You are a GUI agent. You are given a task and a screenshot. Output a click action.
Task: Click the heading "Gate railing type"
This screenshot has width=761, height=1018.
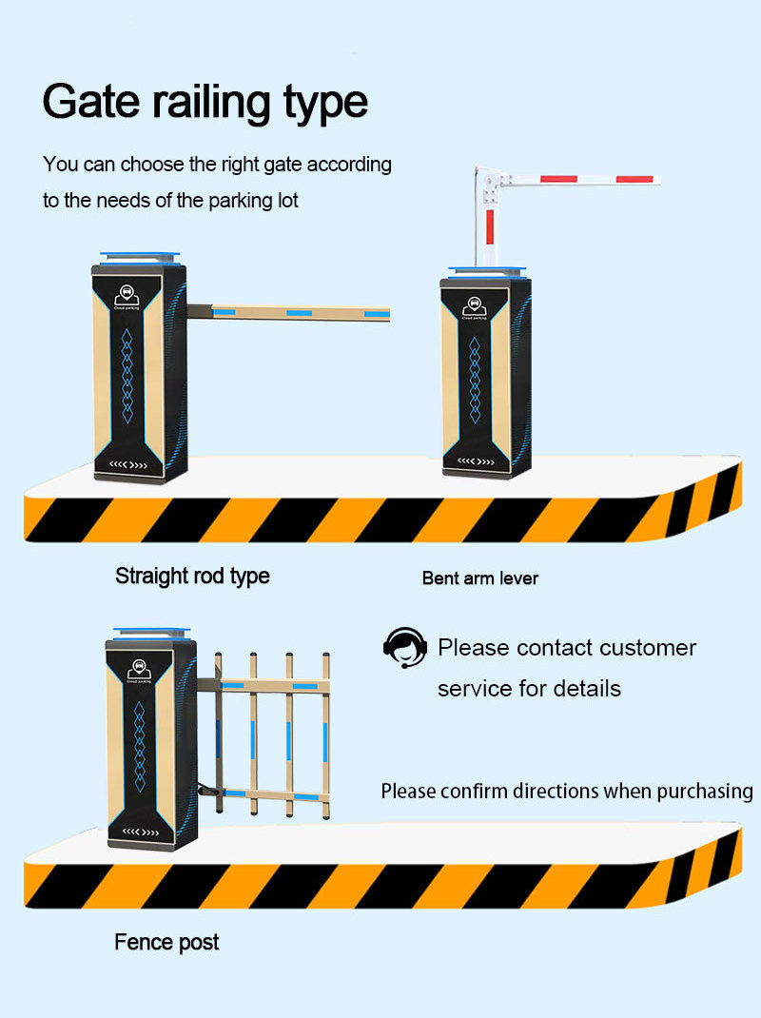pyautogui.click(x=205, y=102)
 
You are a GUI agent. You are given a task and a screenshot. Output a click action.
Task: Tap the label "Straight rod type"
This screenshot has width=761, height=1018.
pyautogui.click(x=192, y=576)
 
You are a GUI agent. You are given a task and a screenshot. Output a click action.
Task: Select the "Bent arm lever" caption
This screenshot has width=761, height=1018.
pyautogui.click(x=479, y=578)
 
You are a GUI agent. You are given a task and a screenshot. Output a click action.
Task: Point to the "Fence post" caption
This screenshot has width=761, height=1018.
pyautogui.click(x=166, y=943)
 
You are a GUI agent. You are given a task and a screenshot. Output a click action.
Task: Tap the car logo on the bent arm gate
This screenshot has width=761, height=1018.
pyautogui.click(x=475, y=305)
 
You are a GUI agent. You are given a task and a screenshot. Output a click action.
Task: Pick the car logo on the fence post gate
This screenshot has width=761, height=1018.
pyautogui.click(x=139, y=667)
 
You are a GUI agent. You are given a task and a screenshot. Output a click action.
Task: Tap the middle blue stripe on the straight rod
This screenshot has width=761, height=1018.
pyautogui.click(x=300, y=312)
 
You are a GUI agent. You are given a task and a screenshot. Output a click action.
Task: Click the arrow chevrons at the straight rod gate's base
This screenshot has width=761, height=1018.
pyautogui.click(x=129, y=466)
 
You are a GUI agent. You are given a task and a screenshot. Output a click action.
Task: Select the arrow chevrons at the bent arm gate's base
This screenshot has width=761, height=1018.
pyautogui.click(x=476, y=462)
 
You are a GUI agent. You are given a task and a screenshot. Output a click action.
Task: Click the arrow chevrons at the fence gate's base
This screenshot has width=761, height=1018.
pyautogui.click(x=139, y=832)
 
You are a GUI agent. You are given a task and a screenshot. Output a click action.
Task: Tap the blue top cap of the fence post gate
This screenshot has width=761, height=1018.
pyautogui.click(x=146, y=633)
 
